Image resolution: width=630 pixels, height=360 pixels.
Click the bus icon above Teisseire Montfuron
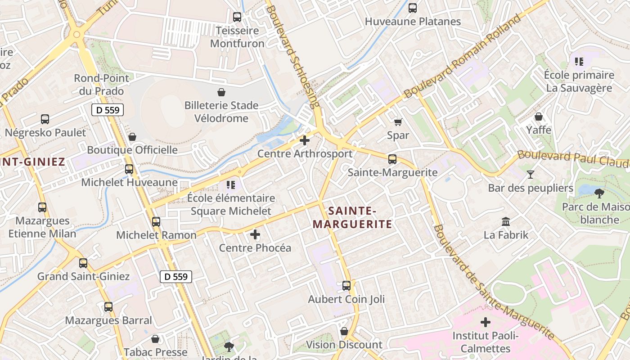coord(237,17)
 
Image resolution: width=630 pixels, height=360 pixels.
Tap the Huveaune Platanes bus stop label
coord(413,21)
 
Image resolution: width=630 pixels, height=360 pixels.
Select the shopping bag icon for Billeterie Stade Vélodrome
coord(221,92)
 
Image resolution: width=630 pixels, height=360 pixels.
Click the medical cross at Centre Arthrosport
coord(305,140)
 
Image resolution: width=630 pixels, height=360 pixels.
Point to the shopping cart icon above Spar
coord(398,122)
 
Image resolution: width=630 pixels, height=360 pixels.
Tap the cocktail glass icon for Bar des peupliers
coord(531,174)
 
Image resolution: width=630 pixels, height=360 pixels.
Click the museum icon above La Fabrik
coord(506,221)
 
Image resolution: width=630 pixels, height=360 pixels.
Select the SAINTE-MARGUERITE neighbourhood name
coord(352,217)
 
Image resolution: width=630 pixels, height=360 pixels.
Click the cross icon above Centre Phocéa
coord(255,234)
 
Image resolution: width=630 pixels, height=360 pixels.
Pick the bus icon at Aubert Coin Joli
coord(346,285)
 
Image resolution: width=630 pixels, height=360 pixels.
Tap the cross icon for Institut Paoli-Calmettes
coord(485,322)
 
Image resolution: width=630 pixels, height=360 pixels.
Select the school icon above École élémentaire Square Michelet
coord(231,184)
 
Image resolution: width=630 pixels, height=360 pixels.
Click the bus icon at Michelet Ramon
coord(156,222)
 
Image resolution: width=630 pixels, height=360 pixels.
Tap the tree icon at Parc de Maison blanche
coord(599,193)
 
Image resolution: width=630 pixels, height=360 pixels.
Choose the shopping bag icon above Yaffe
coord(539,117)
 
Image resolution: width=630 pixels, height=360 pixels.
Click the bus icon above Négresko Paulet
coord(45,119)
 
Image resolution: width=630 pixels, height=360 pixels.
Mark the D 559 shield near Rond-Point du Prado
coord(108,110)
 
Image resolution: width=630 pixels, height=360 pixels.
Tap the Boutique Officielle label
coord(132,150)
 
